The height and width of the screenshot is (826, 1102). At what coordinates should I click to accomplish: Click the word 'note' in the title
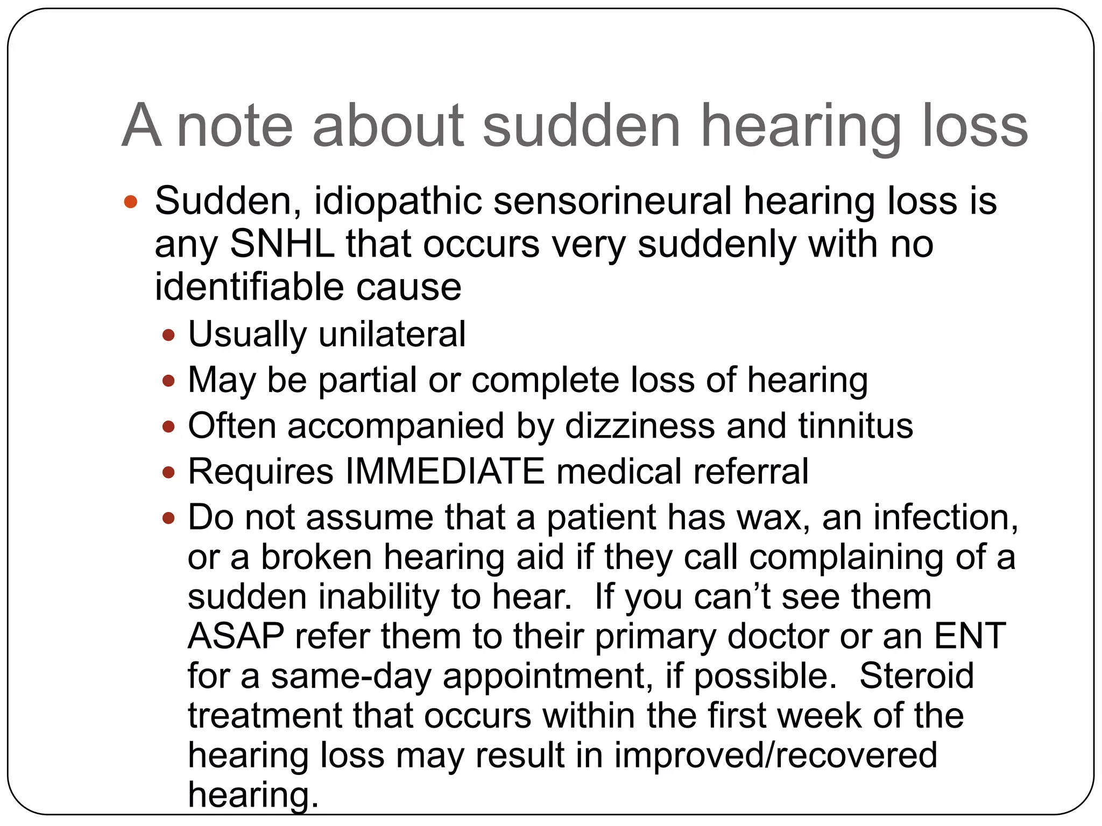tap(235, 126)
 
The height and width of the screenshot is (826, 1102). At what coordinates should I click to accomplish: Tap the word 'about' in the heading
tap(388, 126)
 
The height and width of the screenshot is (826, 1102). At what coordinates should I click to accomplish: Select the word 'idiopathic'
tap(398, 201)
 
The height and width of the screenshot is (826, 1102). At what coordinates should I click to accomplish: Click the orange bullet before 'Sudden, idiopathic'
tap(130, 203)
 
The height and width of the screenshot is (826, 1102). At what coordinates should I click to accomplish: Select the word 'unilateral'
tap(392, 334)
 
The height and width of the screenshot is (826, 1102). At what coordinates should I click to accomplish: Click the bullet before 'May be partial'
tap(168, 382)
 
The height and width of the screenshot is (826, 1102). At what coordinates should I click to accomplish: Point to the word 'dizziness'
tap(640, 426)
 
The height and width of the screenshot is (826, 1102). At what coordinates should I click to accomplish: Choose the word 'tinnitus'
tap(856, 426)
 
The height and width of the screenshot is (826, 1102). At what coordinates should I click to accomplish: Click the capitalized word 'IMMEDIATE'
tap(445, 472)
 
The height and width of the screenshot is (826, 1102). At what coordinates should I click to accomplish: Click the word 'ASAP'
tap(236, 636)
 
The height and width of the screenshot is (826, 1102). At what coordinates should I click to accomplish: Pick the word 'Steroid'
tap(916, 676)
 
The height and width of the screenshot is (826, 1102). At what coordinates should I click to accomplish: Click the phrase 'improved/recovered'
tap(776, 755)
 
